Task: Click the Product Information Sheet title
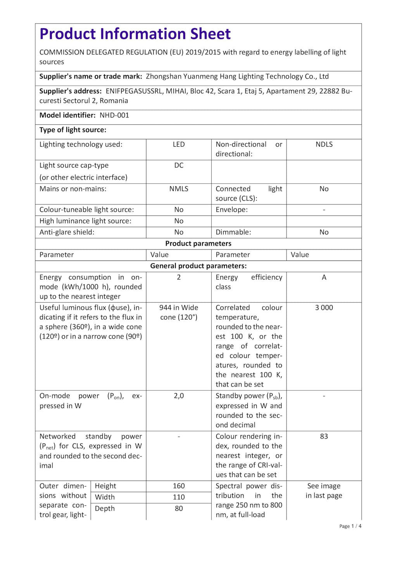[135, 34]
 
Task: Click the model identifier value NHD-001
[114, 115]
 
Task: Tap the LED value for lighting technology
[179, 145]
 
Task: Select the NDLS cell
[324, 145]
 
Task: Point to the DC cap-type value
[179, 165]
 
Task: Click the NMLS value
[179, 189]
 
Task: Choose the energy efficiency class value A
[324, 277]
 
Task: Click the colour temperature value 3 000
[324, 308]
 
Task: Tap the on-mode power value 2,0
[179, 396]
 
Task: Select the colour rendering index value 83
[324, 437]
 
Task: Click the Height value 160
[179, 486]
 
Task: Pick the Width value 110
[179, 497]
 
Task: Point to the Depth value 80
[179, 509]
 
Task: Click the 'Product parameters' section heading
[198, 244]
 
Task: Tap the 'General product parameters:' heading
[198, 266]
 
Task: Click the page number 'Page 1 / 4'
[350, 526]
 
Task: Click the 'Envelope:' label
[231, 210]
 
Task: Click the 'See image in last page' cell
[324, 491]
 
